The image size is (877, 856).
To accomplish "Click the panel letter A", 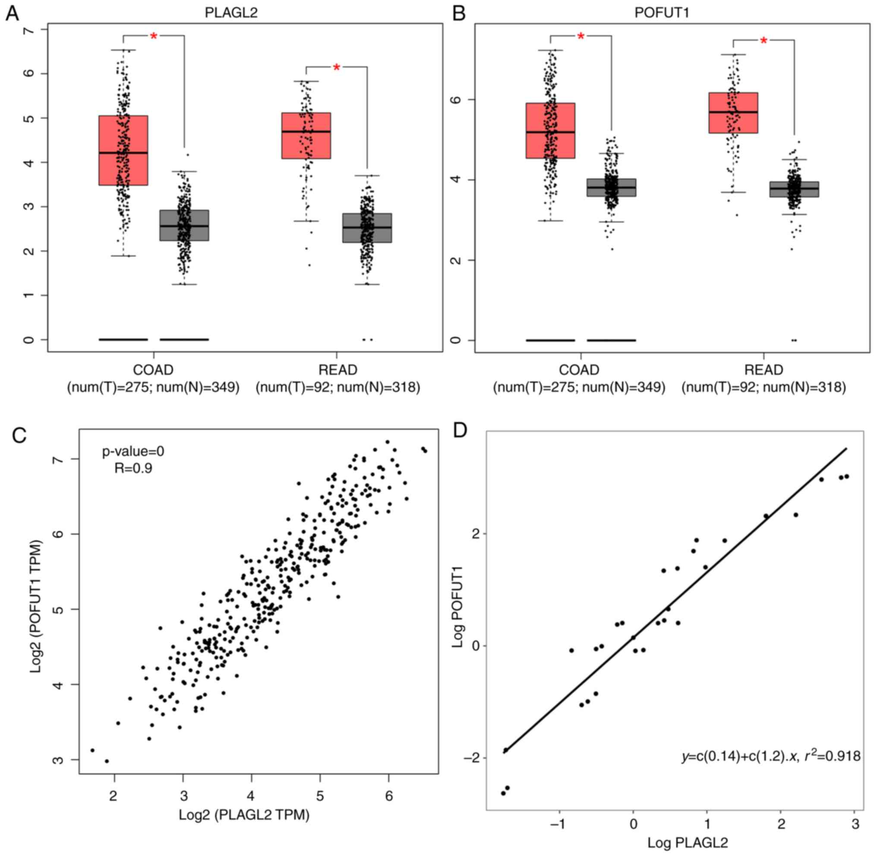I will point(12,13).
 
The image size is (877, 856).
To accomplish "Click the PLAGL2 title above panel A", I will point(231,13).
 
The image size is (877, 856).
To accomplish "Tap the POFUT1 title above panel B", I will point(662,13).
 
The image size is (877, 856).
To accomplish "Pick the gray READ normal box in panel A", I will point(367,228).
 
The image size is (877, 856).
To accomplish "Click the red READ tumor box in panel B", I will point(733,113).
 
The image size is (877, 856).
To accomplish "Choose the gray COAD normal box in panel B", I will point(611,187).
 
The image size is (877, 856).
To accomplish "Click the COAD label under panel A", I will point(153,370).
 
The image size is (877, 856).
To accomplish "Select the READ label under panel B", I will point(764,370).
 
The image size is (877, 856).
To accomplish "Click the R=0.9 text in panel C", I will point(133,468).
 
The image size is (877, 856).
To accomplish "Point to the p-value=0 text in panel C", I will point(133,451).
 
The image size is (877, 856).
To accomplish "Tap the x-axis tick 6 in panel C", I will point(389,796).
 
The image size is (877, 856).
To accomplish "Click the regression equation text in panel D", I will point(771,756).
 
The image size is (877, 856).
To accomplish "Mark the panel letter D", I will point(461,431).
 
